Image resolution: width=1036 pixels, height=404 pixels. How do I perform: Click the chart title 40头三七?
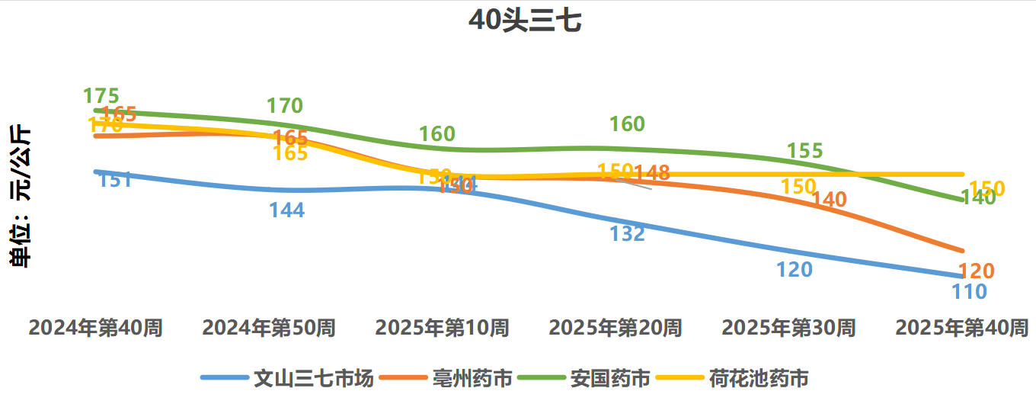(525, 21)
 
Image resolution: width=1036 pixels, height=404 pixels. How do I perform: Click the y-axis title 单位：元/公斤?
(21, 197)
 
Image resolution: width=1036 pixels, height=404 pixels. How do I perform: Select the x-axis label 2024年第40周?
(96, 329)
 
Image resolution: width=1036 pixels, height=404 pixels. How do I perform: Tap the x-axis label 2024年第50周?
(269, 329)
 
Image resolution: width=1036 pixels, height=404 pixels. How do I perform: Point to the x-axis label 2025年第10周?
(442, 329)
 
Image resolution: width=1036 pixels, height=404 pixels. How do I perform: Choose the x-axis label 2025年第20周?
(616, 329)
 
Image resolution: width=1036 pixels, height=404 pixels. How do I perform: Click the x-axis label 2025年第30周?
(788, 329)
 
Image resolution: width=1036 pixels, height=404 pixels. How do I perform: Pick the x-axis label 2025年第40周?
(962, 329)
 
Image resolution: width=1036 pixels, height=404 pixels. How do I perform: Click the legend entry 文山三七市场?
(313, 378)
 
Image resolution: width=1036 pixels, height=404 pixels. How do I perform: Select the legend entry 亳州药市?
(472, 378)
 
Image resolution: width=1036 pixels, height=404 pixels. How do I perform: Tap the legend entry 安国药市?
(610, 378)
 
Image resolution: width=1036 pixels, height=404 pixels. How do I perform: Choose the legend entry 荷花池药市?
(759, 378)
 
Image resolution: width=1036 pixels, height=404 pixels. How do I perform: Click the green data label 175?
(101, 97)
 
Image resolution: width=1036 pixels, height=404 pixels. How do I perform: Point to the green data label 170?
(285, 106)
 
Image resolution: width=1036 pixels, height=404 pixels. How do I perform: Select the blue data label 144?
(287, 210)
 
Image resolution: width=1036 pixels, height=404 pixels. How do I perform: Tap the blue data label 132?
(627, 234)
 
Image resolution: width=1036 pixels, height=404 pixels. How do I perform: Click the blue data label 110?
(969, 291)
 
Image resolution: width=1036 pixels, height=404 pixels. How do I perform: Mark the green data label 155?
(805, 151)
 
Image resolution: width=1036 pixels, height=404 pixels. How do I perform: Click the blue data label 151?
(116, 181)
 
